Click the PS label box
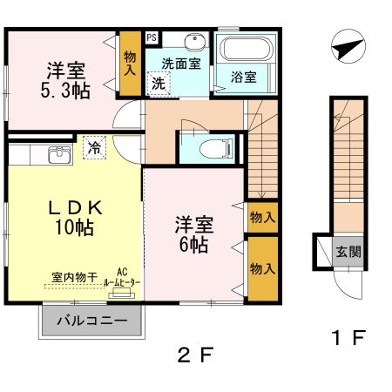(152, 38)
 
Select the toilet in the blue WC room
(206, 148)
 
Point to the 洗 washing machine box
(159, 84)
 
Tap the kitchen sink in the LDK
(58, 156)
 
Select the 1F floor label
(347, 336)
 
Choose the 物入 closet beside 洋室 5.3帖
(130, 64)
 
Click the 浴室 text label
(243, 78)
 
